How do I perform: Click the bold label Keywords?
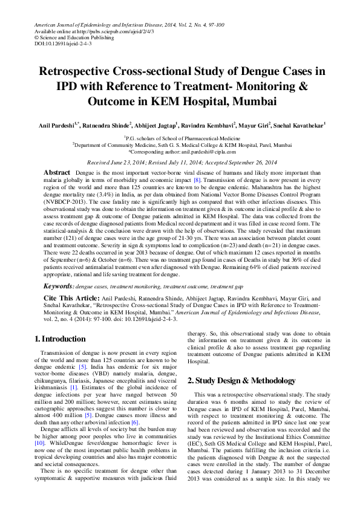[60, 285]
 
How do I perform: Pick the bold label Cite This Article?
[70, 298]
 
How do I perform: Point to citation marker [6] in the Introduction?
[135, 423]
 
